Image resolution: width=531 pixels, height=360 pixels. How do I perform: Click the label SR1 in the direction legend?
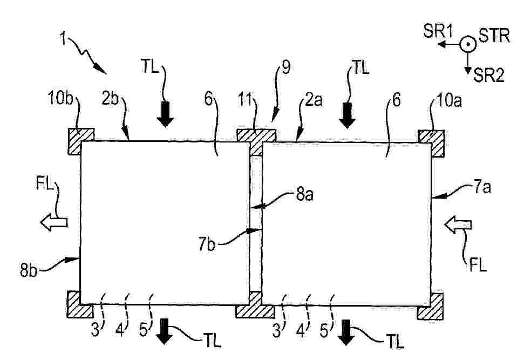tap(438, 32)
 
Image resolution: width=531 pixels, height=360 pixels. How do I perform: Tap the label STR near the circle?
tap(494, 35)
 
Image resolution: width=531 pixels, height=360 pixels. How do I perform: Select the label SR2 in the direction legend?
tap(489, 75)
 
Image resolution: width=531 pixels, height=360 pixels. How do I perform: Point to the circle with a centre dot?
tap(468, 44)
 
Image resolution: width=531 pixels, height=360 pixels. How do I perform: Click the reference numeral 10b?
tap(60, 98)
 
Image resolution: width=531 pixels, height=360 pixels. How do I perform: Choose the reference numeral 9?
tap(286, 67)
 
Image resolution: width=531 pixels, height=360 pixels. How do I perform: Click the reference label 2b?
tap(110, 99)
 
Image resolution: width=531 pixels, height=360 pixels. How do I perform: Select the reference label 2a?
tap(314, 100)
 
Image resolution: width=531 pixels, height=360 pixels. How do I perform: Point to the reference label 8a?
tap(304, 195)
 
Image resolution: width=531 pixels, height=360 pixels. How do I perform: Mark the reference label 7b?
tap(207, 244)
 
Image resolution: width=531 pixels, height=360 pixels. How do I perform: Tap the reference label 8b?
tap(29, 271)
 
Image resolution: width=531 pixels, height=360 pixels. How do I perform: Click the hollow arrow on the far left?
tap(54, 222)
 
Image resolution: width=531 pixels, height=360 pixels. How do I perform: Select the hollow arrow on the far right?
tap(458, 225)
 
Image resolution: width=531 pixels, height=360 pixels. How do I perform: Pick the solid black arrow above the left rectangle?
tap(165, 114)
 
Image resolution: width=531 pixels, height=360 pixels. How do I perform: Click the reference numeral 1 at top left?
tap(63, 38)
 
